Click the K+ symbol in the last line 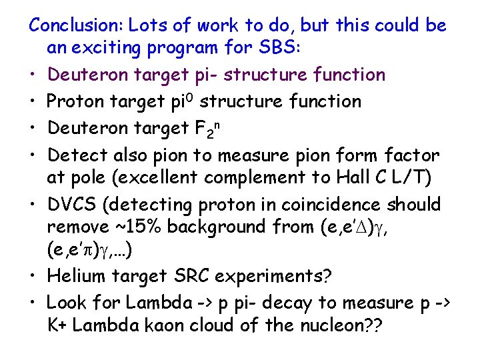click(57, 326)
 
